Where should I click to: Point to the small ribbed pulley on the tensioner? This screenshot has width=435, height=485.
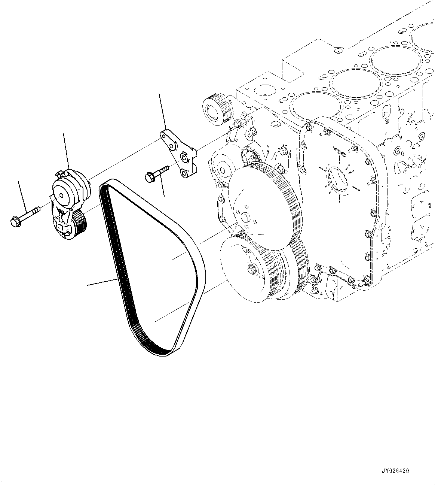point(79,224)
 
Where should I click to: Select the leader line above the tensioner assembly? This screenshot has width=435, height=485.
point(66,150)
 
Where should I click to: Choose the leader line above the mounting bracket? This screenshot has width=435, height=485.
point(162,110)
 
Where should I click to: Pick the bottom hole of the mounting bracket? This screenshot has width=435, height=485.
point(184,173)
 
